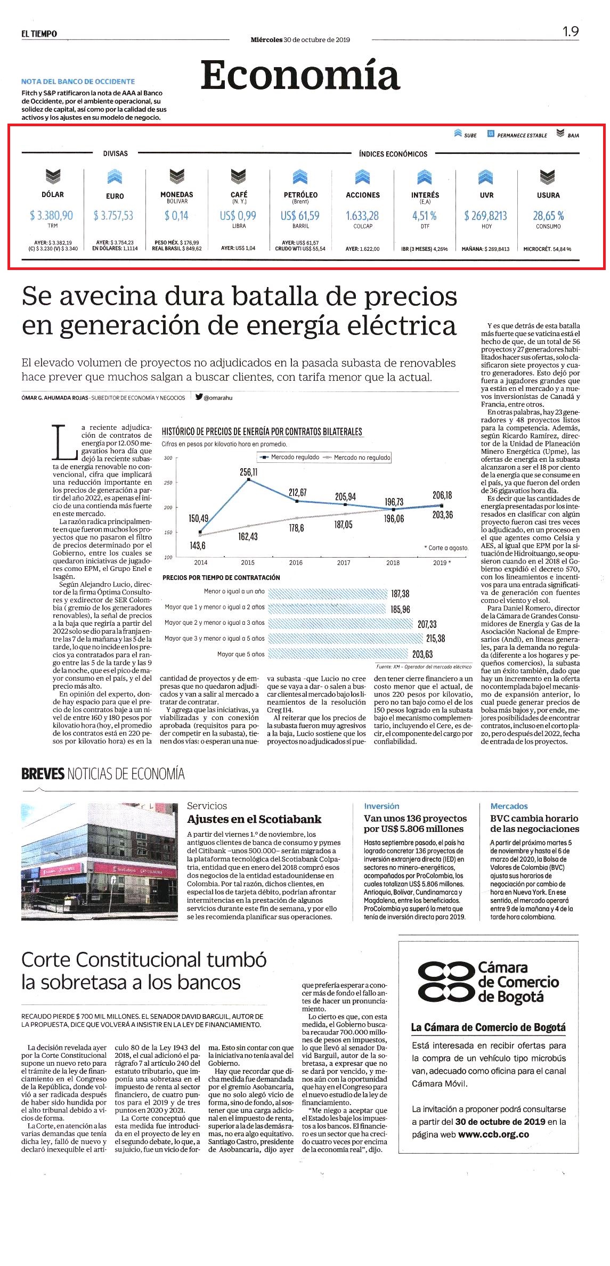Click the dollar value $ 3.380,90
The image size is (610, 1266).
point(52,215)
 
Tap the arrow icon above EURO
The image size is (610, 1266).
point(115,177)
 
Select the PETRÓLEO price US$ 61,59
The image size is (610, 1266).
point(300,215)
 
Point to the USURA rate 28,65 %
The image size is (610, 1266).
point(548,215)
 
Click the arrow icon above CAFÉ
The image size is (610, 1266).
point(239,176)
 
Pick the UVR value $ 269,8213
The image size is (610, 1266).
point(485,215)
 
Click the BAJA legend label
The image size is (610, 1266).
point(573,135)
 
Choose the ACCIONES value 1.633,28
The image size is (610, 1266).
point(362,215)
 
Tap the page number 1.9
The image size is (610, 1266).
point(571,32)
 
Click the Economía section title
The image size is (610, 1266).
point(300,75)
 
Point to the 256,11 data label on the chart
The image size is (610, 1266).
point(248,472)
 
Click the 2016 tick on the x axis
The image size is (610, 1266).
point(296,562)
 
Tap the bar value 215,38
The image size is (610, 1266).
point(435,638)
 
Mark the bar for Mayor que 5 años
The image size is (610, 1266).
point(338,654)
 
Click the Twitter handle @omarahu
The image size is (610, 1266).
point(218,397)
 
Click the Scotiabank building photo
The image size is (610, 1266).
point(99,862)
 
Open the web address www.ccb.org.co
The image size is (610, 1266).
point(493,1134)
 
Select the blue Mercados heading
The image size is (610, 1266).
point(509,806)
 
